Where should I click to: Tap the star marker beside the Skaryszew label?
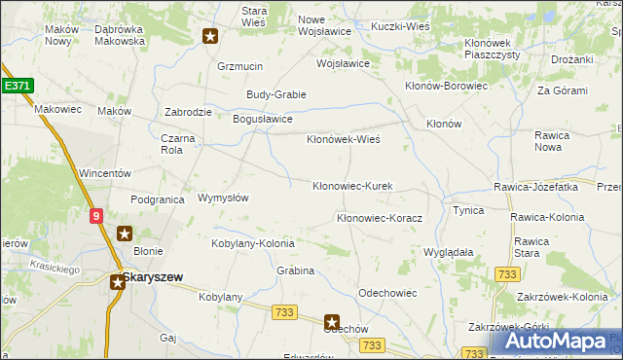[117, 282]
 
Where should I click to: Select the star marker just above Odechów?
[332, 321]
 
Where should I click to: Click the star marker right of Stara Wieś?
[210, 37]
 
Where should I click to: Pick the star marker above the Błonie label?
[125, 234]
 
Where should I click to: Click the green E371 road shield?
[18, 86]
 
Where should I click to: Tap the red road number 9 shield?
[96, 217]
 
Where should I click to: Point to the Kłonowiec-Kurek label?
[351, 186]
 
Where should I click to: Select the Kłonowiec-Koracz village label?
[379, 219]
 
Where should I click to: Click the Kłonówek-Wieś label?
[343, 139]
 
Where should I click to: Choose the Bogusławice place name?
[262, 119]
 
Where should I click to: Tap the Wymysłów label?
[223, 198]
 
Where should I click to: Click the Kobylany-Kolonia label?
[253, 243]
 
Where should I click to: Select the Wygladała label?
[448, 251]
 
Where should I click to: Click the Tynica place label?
[468, 210]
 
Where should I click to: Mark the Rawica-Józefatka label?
[536, 186]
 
